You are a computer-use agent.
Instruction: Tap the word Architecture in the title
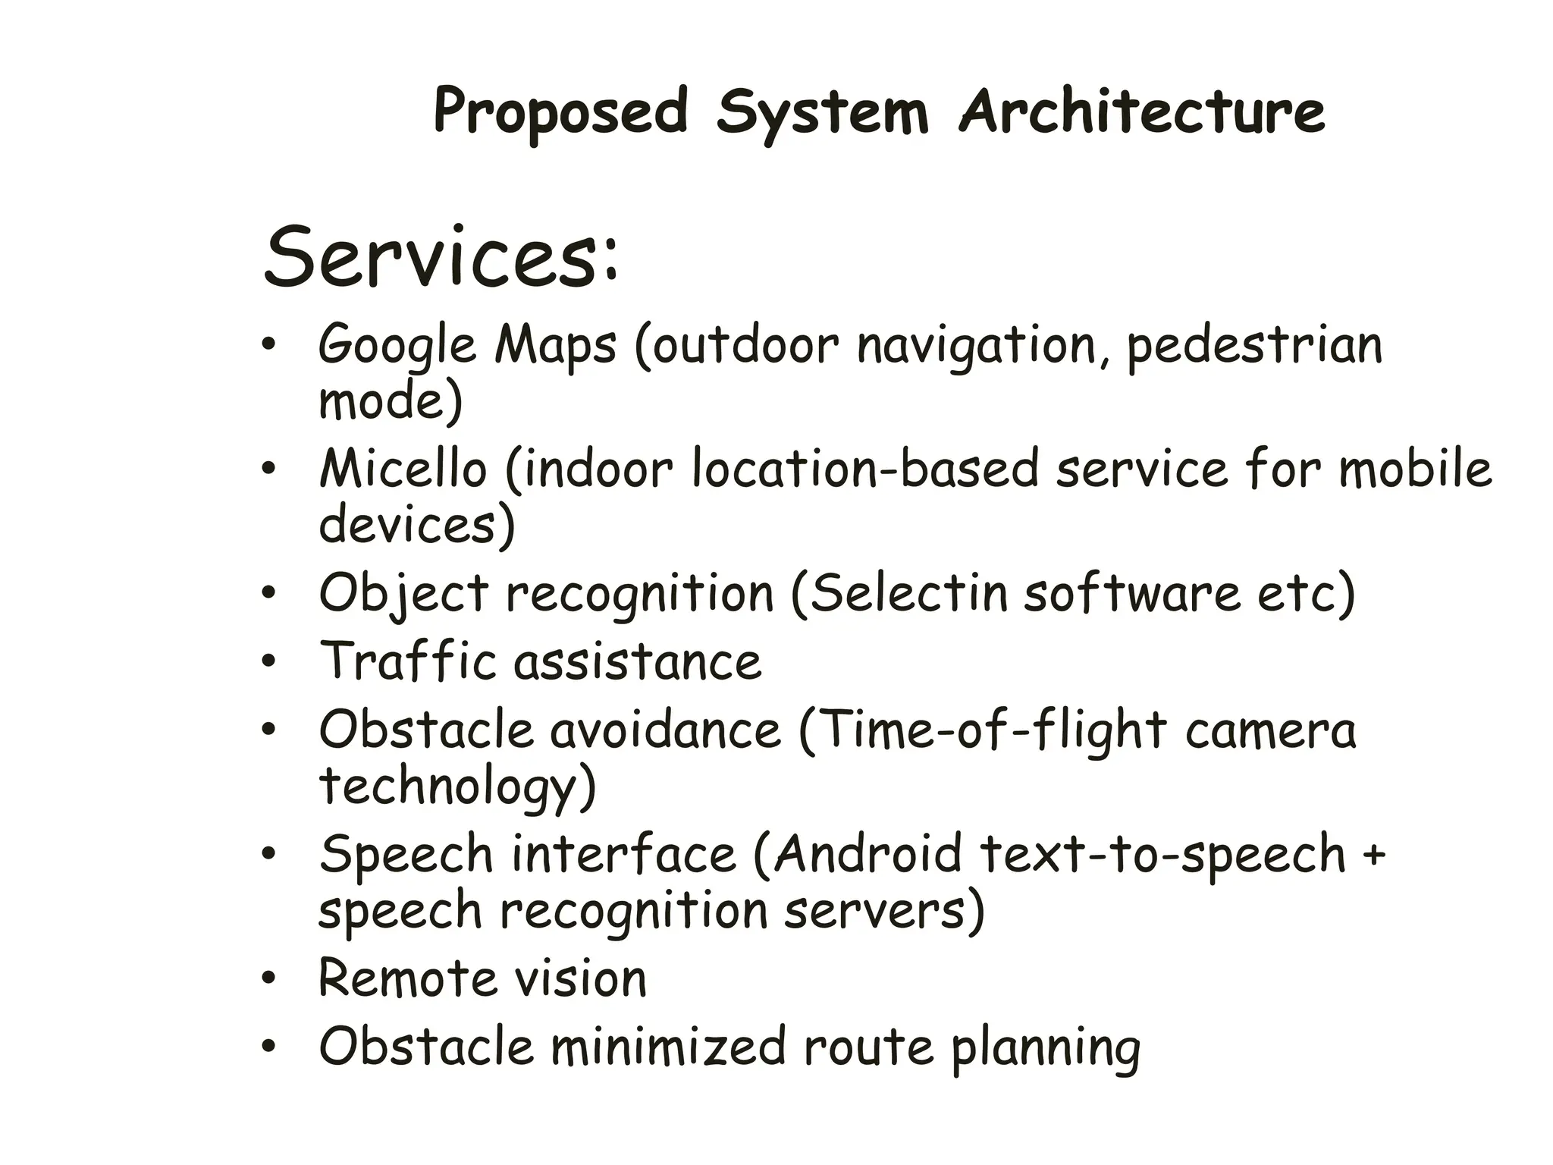(1141, 112)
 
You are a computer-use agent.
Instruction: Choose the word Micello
(403, 469)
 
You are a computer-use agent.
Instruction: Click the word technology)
(457, 787)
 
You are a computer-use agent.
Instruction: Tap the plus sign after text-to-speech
(1374, 854)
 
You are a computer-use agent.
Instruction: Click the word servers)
(883, 910)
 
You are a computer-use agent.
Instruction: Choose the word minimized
(668, 1047)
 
